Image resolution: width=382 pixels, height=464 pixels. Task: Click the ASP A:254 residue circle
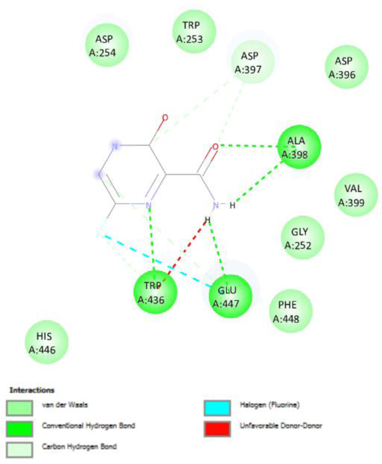click(x=107, y=45)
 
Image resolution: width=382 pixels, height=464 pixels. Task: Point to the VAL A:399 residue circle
click(x=356, y=195)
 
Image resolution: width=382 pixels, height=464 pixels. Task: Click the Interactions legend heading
click(x=32, y=390)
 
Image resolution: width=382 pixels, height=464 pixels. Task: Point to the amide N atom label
click(x=215, y=206)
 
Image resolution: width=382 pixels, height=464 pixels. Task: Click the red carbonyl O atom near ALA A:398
click(x=215, y=147)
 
